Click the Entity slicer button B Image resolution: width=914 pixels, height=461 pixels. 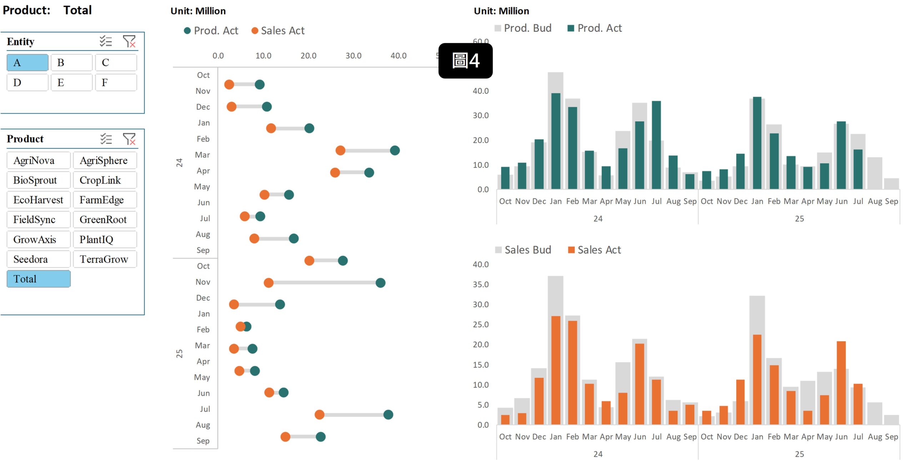coord(71,63)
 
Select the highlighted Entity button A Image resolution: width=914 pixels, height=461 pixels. coord(27,63)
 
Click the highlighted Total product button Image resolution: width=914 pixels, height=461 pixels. coord(38,279)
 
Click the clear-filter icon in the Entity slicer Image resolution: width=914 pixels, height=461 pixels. coord(129,41)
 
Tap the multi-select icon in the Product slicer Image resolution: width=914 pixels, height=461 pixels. coord(106,139)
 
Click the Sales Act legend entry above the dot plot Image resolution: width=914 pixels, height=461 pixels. coord(278,31)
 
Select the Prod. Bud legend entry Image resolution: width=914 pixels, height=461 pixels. coord(523,28)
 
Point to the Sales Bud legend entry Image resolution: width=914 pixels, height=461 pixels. coord(523,250)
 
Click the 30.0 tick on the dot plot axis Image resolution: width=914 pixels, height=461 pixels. coord(353,56)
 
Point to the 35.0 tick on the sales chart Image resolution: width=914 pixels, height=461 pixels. coord(481,284)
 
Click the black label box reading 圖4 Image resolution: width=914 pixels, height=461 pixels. coord(465,61)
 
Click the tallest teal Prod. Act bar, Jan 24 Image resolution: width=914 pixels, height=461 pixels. coord(556,141)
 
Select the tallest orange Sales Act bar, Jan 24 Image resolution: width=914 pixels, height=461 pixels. coord(556,370)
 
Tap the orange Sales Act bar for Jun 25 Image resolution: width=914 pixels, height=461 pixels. coord(841,382)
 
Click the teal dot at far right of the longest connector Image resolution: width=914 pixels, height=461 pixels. coord(381,283)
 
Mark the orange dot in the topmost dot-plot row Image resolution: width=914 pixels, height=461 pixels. coord(229,85)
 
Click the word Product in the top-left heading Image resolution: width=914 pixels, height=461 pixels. coord(26,10)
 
